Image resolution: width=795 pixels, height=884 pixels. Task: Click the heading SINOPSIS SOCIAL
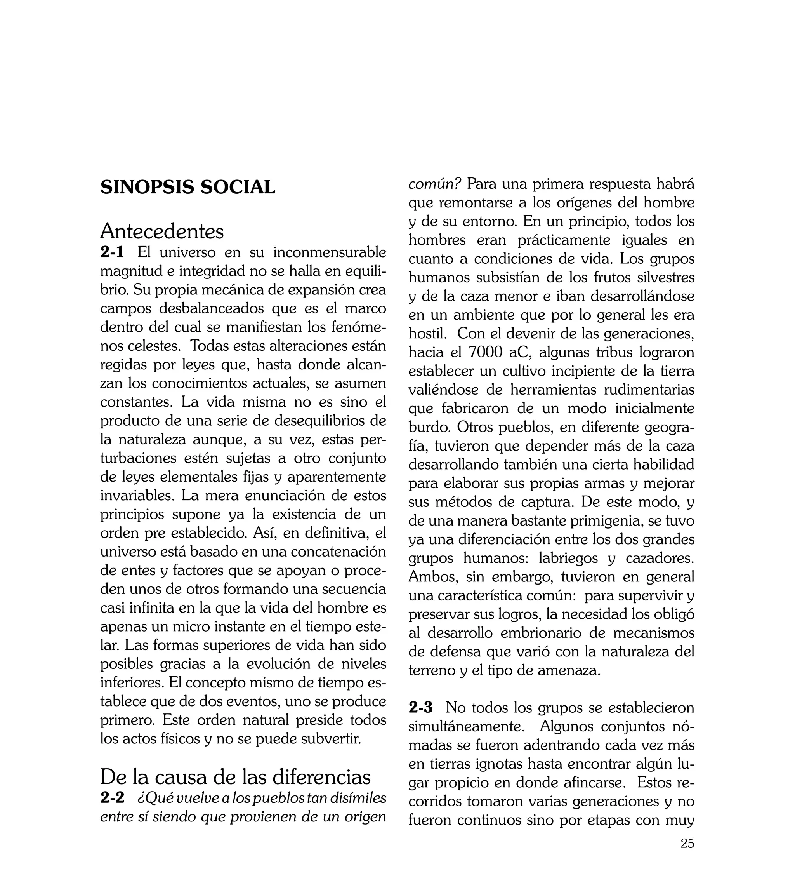click(188, 188)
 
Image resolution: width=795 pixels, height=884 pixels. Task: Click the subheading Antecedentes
click(161, 231)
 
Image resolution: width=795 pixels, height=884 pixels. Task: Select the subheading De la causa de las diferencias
click(236, 777)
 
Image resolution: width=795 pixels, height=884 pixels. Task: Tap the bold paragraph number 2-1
click(112, 252)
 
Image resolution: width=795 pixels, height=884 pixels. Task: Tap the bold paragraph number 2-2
click(112, 798)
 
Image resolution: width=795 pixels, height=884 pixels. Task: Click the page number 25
click(687, 856)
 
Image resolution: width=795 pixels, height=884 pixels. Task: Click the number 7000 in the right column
click(484, 352)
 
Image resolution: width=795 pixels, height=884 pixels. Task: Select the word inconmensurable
click(330, 252)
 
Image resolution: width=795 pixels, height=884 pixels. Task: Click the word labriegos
click(568, 559)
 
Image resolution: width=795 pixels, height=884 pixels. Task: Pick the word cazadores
click(660, 559)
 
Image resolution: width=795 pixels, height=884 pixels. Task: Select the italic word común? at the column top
click(434, 184)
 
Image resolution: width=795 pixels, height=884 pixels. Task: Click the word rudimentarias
click(649, 390)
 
